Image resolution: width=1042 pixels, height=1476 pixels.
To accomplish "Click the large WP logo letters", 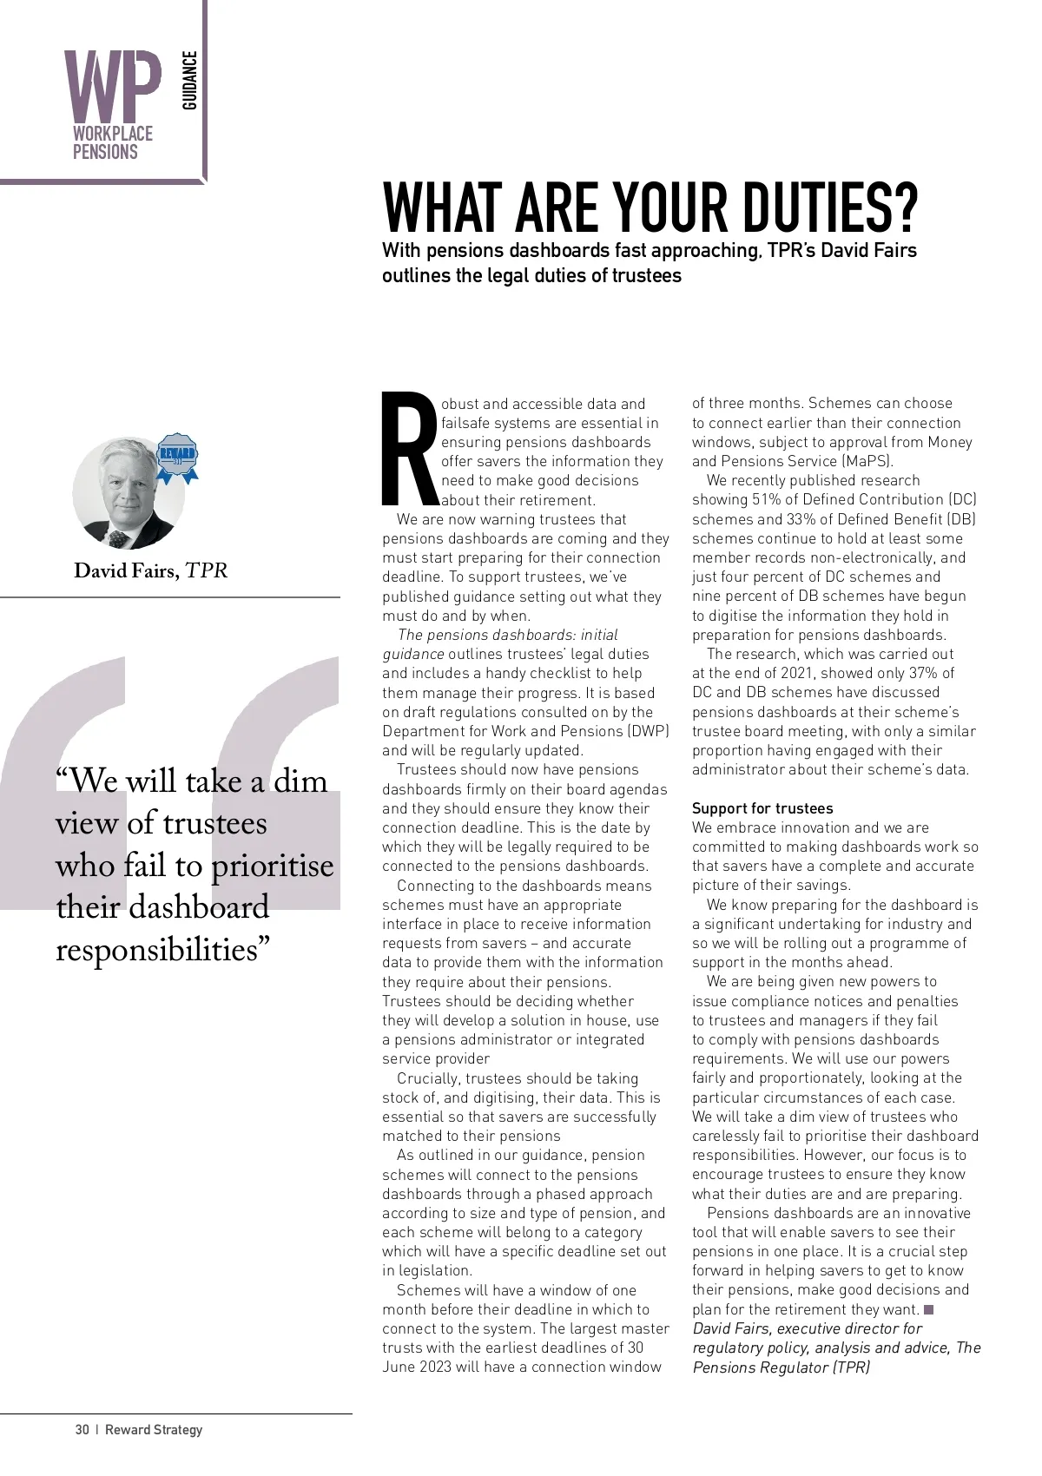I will [x=113, y=87].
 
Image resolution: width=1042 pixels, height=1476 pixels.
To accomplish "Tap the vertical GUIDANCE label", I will [x=190, y=81].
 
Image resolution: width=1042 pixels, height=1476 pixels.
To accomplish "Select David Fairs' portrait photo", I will [x=128, y=493].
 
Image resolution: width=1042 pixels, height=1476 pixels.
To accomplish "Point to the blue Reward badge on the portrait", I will [x=178, y=457].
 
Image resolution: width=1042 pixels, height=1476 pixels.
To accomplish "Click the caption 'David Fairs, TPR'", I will [x=150, y=570].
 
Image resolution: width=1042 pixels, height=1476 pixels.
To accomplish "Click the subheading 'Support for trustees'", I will [x=762, y=808].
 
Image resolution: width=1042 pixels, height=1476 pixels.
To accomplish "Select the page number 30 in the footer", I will [x=82, y=1430].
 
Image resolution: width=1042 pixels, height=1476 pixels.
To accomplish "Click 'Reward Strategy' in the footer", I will [x=154, y=1430].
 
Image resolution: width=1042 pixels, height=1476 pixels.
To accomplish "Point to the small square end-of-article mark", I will [x=928, y=1309].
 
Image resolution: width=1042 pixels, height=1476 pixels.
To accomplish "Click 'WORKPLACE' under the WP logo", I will [x=112, y=134].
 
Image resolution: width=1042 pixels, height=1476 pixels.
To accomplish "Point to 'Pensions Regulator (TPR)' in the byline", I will [x=781, y=1367].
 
